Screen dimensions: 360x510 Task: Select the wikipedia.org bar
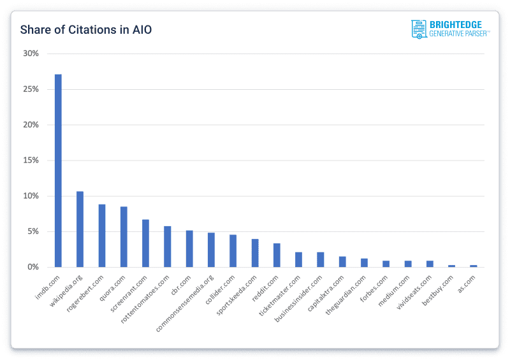click(x=80, y=229)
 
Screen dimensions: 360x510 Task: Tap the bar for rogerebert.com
click(x=102, y=236)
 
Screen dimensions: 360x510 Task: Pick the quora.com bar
click(x=124, y=236)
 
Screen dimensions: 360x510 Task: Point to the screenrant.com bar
click(x=145, y=243)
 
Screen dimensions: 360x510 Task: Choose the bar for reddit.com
click(x=277, y=255)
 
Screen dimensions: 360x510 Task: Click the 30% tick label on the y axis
click(x=31, y=54)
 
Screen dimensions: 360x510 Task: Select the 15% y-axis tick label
click(x=31, y=161)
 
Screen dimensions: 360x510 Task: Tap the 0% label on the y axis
click(x=33, y=267)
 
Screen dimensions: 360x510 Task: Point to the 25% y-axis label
click(x=31, y=89)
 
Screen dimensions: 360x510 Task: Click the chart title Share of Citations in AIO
click(x=86, y=30)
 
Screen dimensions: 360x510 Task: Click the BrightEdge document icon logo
click(x=419, y=29)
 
